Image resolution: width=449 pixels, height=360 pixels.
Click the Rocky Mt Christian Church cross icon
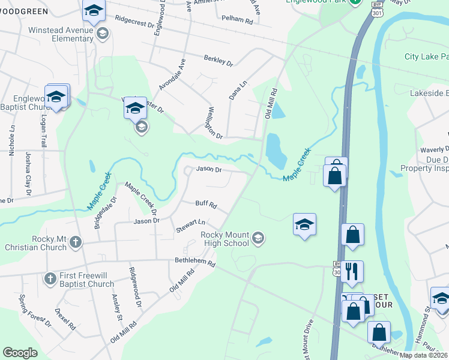pyautogui.click(x=75, y=242)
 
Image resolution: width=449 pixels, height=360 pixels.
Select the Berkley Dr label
pyautogui.click(x=218, y=61)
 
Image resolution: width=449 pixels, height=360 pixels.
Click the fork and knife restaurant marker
pyautogui.click(x=352, y=271)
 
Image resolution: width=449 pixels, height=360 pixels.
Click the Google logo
pyautogui.click(x=20, y=353)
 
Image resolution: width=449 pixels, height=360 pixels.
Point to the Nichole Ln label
pyautogui.click(x=12, y=140)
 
